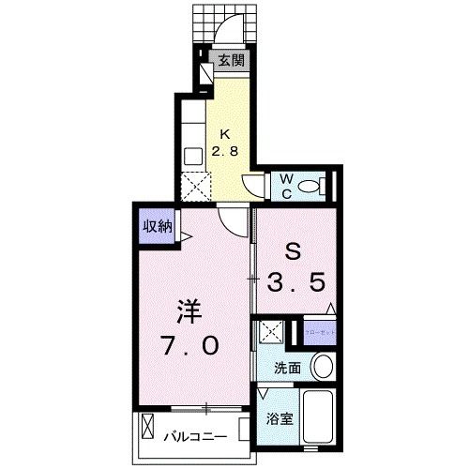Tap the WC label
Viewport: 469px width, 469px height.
pyautogui.click(x=284, y=185)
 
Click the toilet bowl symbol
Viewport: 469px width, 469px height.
pyautogui.click(x=316, y=185)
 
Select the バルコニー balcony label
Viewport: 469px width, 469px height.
pyautogui.click(x=195, y=435)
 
